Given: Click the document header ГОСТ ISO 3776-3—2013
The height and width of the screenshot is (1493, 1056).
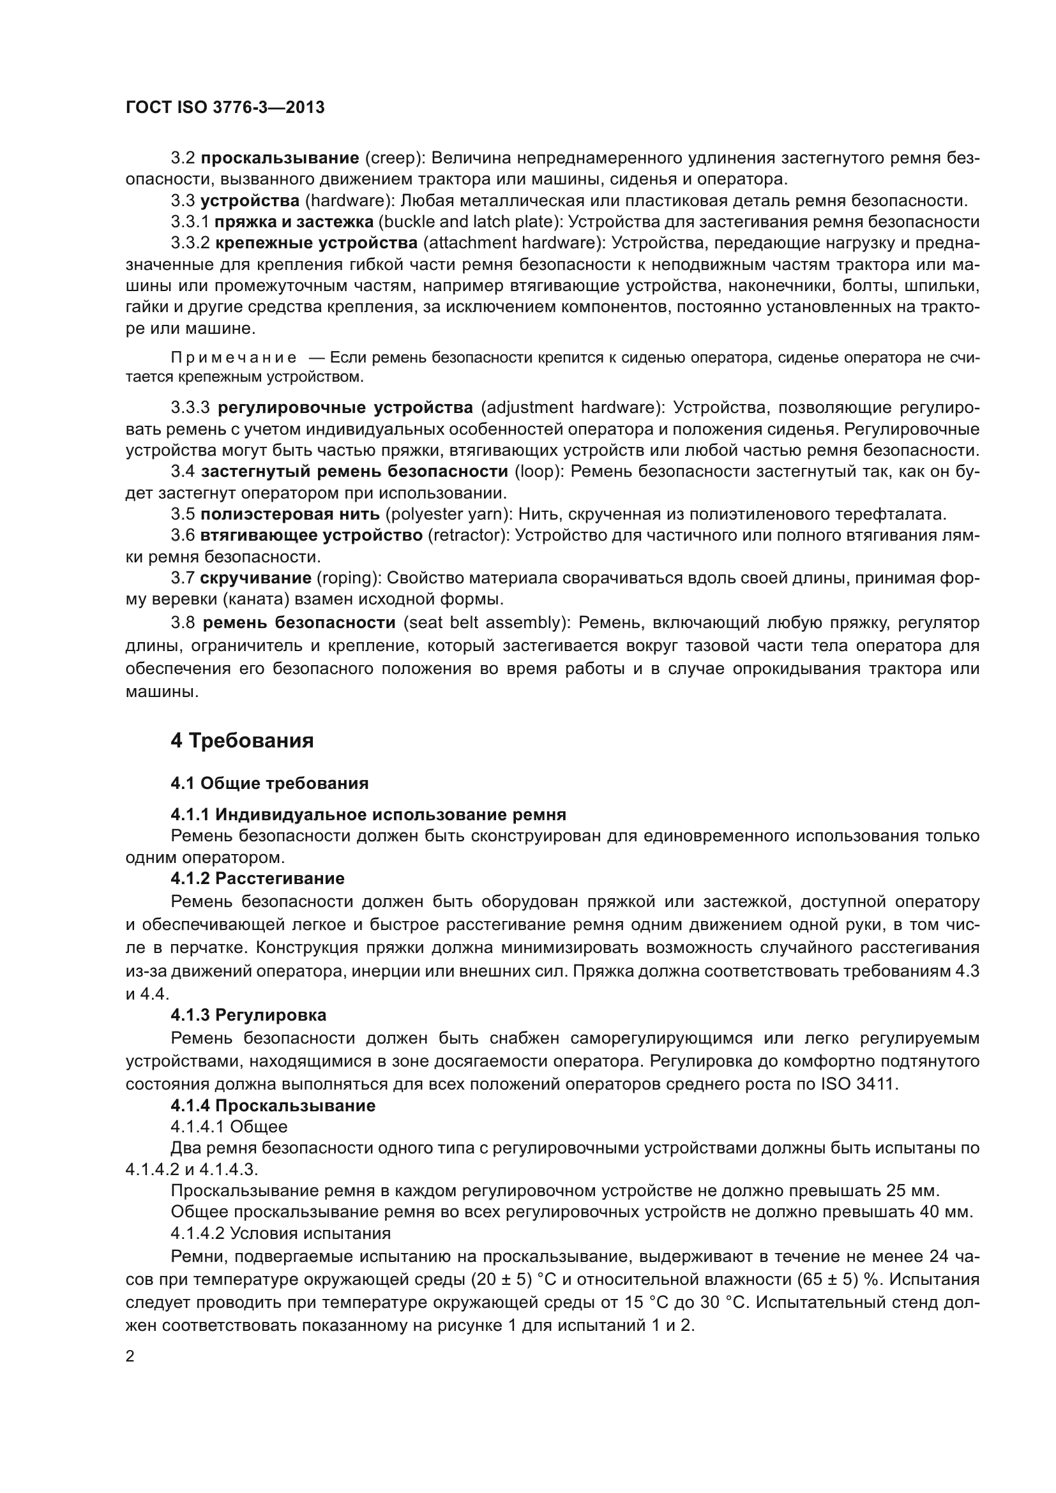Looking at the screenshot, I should pyautogui.click(x=225, y=107).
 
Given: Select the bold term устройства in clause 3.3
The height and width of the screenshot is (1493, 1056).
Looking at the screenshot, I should pyautogui.click(x=250, y=200).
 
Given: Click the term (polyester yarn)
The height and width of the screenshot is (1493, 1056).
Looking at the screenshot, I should pyautogui.click(x=449, y=514).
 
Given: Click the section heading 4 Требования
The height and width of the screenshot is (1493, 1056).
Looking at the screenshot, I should pyautogui.click(x=242, y=740).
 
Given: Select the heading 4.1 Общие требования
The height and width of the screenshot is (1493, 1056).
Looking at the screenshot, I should pyautogui.click(x=269, y=783).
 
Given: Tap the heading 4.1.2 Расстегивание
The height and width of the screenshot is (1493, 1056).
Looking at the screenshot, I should pyautogui.click(x=257, y=878).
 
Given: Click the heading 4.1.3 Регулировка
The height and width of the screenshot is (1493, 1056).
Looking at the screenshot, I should pyautogui.click(x=248, y=1015).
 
